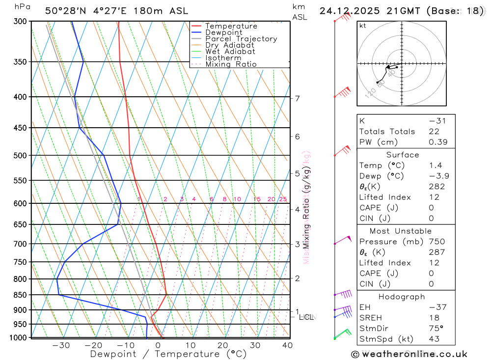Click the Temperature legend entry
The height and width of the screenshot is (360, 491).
click(231, 26)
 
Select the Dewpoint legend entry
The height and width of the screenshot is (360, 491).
click(224, 32)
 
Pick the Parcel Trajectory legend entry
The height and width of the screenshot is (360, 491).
click(241, 39)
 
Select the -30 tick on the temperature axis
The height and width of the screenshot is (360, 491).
click(61, 345)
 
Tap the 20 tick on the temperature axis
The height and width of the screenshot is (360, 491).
click(223, 345)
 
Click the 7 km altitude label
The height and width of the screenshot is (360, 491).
click(298, 98)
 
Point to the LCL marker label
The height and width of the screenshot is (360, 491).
click(306, 317)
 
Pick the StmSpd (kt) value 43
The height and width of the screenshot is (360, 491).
click(434, 339)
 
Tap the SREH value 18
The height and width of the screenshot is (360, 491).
click(434, 318)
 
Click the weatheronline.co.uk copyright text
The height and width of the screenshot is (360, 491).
click(409, 354)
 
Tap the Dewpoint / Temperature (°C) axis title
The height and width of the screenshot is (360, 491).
click(168, 354)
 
